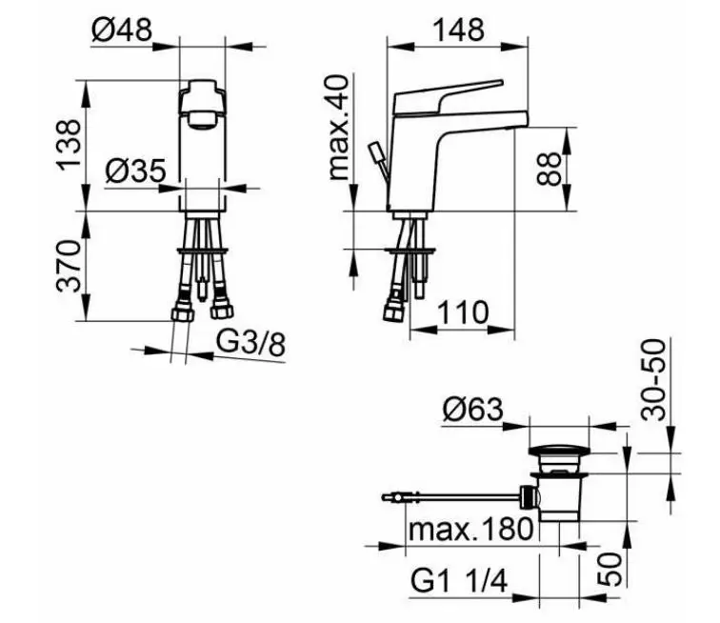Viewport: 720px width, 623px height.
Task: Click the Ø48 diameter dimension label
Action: coord(122,30)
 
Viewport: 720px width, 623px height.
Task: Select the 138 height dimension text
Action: coord(69,145)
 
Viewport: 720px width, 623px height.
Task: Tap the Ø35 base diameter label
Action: coord(135,171)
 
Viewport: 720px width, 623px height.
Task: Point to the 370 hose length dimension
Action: coord(69,266)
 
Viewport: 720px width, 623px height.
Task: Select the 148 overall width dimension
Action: coord(459,30)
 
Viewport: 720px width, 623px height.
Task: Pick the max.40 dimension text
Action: coord(340,127)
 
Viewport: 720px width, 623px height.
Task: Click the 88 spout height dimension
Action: coord(550,169)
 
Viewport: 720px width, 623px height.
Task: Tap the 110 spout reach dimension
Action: coord(463,312)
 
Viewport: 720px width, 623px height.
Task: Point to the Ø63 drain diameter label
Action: coord(473,409)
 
